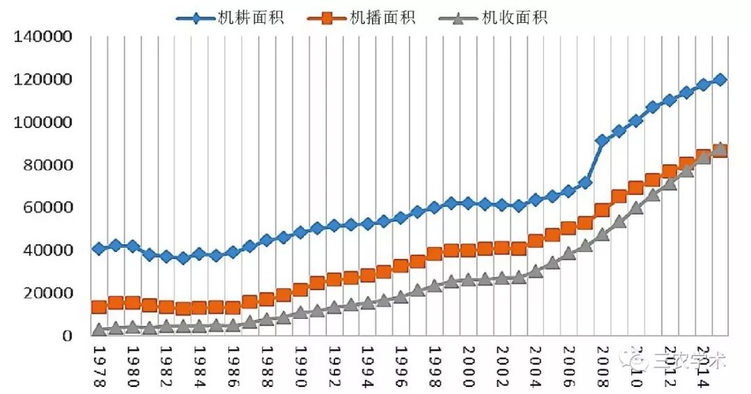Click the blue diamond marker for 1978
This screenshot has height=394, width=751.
point(99,249)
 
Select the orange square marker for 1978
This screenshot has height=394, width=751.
point(99,307)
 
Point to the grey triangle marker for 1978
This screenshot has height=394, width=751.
point(99,329)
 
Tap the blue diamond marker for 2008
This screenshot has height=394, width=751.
point(602,141)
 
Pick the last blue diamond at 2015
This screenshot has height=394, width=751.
point(720,79)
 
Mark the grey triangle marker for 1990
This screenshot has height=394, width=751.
point(300,312)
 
